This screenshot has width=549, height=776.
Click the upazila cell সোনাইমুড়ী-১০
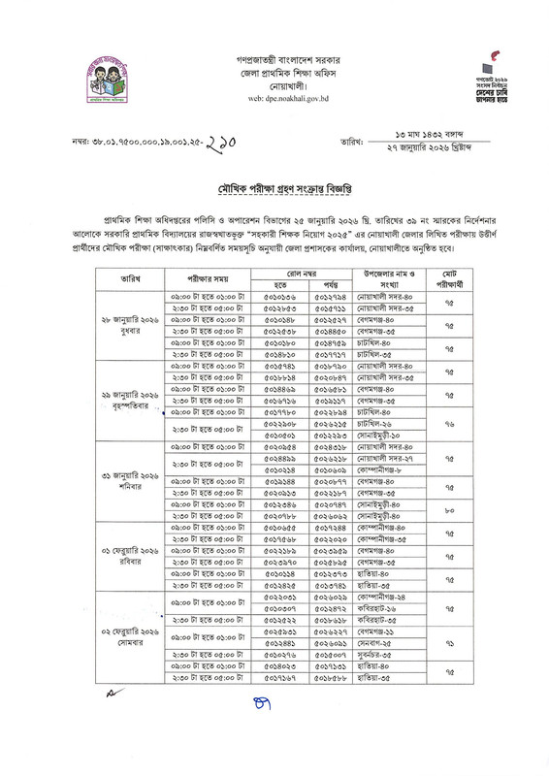[374, 436]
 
